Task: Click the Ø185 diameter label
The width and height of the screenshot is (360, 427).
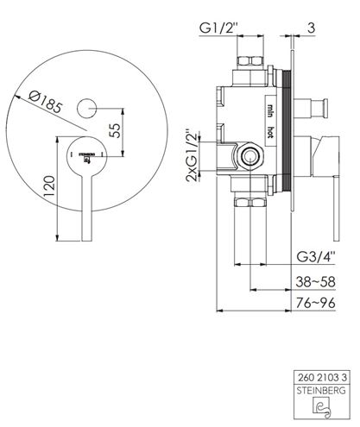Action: [x=46, y=101]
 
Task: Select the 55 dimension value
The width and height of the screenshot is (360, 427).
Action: [x=115, y=131]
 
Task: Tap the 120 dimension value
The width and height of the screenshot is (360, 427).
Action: [x=49, y=186]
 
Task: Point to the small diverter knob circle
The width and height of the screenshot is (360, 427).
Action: [x=86, y=109]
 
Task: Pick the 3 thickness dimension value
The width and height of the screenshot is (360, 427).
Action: [x=311, y=28]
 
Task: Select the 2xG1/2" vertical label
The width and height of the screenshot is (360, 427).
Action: [x=193, y=155]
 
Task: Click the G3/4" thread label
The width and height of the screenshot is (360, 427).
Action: [x=316, y=257]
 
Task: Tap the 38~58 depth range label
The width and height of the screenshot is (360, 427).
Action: [x=315, y=282]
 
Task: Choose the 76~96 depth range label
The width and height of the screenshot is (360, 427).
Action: [x=316, y=303]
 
